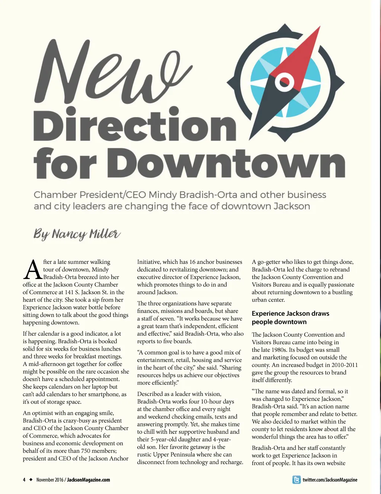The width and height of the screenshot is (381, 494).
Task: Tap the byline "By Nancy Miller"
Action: [x=77, y=234]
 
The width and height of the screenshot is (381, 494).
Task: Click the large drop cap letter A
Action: [x=32, y=270]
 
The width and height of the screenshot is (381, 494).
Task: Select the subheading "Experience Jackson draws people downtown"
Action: [x=290, y=318]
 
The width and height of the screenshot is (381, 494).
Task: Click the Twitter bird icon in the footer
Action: [x=297, y=480]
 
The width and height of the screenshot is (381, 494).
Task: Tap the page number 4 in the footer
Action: [x=24, y=480]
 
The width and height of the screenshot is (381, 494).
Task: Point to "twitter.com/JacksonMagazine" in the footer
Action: [x=330, y=480]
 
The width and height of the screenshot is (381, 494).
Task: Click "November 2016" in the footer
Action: [x=50, y=480]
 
